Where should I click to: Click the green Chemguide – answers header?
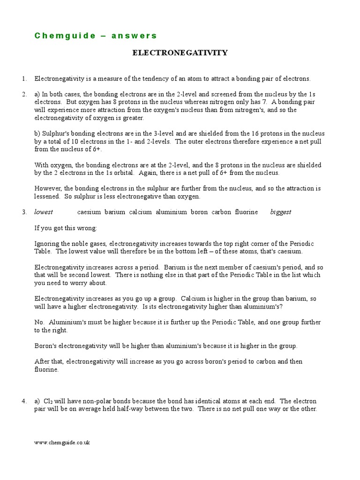tap(96, 36)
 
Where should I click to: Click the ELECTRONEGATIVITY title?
tap(180, 53)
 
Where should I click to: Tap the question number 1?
tap(24, 79)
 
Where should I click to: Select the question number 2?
tap(24, 94)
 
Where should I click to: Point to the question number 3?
tap(24, 212)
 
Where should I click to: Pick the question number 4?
tap(24, 401)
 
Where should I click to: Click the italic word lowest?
tap(44, 212)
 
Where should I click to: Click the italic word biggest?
tap(280, 212)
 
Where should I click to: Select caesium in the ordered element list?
tap(89, 212)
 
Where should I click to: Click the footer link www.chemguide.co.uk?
tap(62, 442)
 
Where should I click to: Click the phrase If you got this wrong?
tap(66, 228)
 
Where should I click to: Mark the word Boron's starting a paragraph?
tap(45, 346)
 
